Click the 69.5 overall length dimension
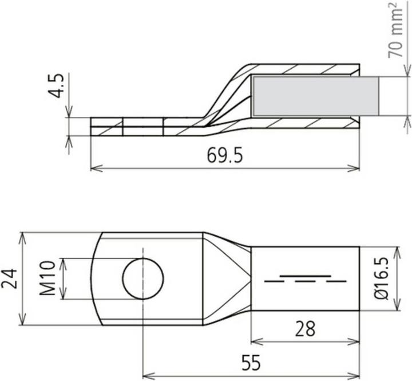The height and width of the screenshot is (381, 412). (x=225, y=156)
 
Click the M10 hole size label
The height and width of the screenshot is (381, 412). (x=49, y=278)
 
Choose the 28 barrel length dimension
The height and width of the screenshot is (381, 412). (x=305, y=329)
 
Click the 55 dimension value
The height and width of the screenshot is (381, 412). (x=251, y=363)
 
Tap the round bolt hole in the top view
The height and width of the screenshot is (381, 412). (x=143, y=279)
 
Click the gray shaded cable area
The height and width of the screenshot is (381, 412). (x=315, y=96)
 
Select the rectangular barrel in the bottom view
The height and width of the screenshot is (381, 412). (x=305, y=279)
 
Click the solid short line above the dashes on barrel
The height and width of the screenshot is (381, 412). (x=305, y=276)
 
